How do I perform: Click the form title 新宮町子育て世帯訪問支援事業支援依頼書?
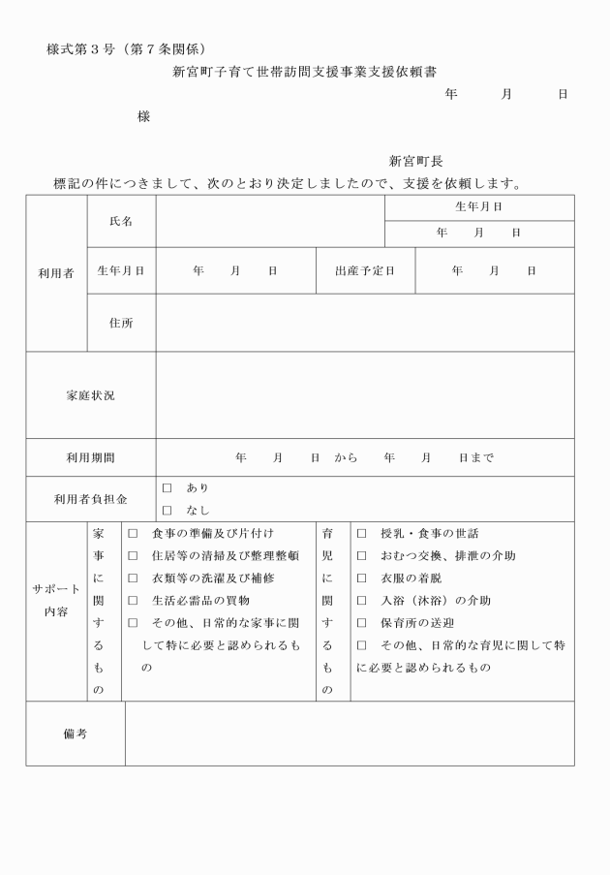(304, 72)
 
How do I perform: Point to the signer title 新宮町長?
(416, 162)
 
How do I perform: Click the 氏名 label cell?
(121, 221)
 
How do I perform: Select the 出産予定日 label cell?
(365, 271)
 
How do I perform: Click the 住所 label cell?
(121, 323)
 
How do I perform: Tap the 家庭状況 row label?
(90, 395)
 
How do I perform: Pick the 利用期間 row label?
(90, 457)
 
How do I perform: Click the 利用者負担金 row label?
(90, 499)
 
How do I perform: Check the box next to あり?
(167, 488)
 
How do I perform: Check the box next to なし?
(167, 510)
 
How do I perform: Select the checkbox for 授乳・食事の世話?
(361, 534)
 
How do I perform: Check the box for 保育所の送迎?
(361, 623)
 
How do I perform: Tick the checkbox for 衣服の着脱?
(361, 578)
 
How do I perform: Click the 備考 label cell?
(76, 734)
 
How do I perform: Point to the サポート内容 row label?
(56, 601)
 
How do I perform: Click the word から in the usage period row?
(346, 457)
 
